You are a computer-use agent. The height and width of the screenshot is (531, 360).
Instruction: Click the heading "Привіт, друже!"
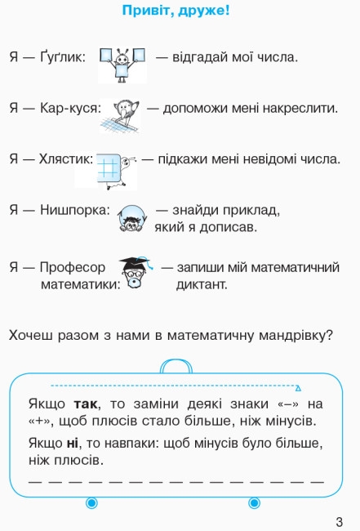(176, 11)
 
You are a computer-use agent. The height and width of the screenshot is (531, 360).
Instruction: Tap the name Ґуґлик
(63, 56)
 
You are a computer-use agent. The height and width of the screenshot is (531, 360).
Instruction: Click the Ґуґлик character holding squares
(122, 65)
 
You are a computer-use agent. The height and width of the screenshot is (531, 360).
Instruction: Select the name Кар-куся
(70, 109)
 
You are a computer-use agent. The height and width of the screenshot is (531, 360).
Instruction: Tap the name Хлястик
(65, 158)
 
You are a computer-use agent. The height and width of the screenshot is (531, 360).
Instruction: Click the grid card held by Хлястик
(109, 168)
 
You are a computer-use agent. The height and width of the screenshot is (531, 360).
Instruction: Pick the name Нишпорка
(75, 210)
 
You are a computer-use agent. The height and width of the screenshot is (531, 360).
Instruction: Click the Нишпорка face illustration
(132, 218)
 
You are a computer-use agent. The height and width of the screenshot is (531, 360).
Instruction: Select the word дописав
(228, 227)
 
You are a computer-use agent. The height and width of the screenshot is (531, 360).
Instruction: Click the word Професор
(73, 267)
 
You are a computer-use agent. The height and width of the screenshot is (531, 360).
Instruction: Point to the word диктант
(202, 284)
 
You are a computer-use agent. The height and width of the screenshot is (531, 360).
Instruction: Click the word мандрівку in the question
(296, 336)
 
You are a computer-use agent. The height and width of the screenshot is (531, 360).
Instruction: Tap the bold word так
(86, 404)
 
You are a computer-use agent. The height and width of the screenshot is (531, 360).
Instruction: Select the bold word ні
(72, 443)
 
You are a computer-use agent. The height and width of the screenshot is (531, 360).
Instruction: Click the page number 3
(340, 521)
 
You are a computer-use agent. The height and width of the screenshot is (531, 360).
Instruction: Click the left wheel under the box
(91, 503)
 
